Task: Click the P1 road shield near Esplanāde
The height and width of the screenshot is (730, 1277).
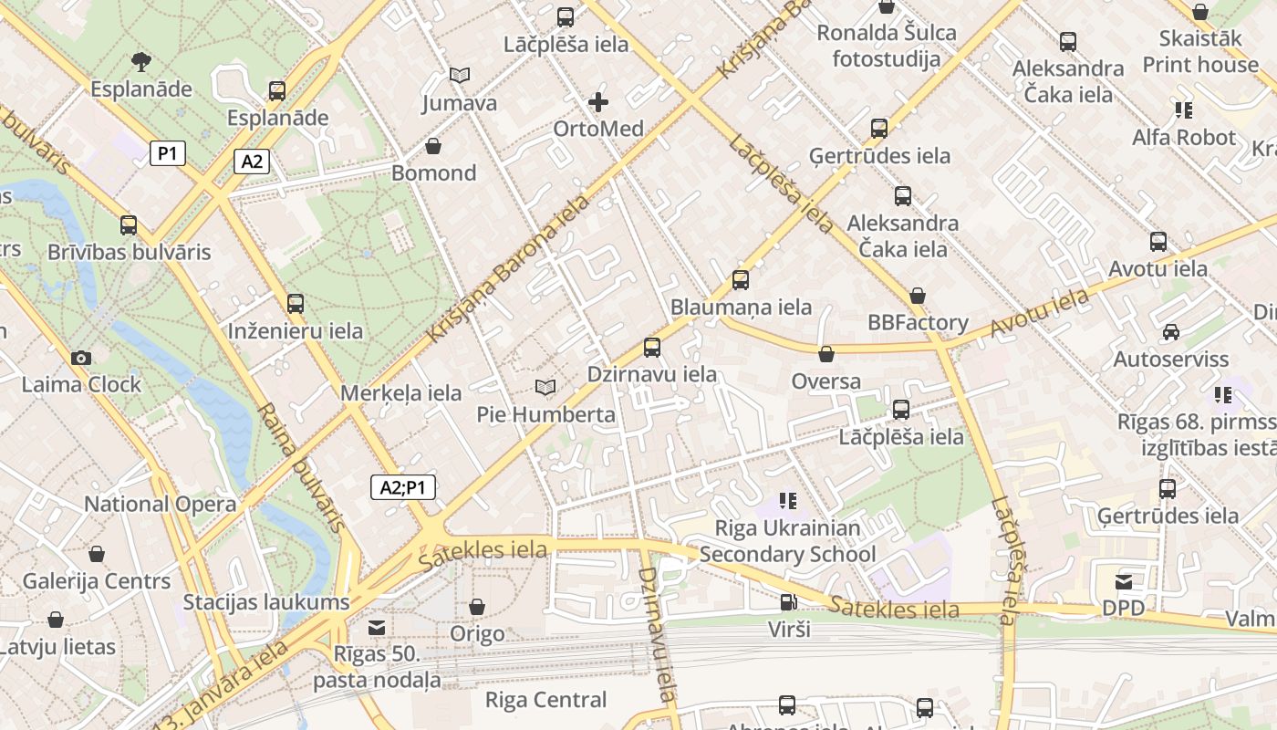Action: tap(168, 153)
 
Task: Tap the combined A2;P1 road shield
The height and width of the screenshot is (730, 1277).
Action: tap(403, 488)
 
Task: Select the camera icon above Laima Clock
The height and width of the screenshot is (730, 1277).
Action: tap(81, 358)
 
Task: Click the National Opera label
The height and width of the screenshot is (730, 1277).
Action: tap(160, 505)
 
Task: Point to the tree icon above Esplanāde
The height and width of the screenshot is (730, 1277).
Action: tap(140, 62)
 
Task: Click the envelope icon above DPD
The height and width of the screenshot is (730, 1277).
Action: tap(1123, 581)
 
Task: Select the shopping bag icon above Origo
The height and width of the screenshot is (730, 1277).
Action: tap(476, 607)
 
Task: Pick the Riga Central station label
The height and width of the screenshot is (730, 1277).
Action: tap(545, 700)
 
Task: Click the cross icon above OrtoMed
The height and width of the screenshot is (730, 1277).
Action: tap(598, 101)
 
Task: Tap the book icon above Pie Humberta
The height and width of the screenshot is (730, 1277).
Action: tap(545, 388)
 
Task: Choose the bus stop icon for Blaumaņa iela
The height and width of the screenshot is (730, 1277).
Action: tap(741, 280)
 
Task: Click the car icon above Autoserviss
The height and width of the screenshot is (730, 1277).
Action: tap(1171, 332)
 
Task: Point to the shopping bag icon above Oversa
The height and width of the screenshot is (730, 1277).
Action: tap(826, 354)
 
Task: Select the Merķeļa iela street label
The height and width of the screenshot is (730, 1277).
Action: tap(400, 393)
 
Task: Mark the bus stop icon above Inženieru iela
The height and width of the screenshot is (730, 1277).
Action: tap(296, 304)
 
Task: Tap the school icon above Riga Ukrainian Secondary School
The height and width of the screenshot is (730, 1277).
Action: tap(788, 501)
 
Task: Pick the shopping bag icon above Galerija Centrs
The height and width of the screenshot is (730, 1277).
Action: tap(97, 554)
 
